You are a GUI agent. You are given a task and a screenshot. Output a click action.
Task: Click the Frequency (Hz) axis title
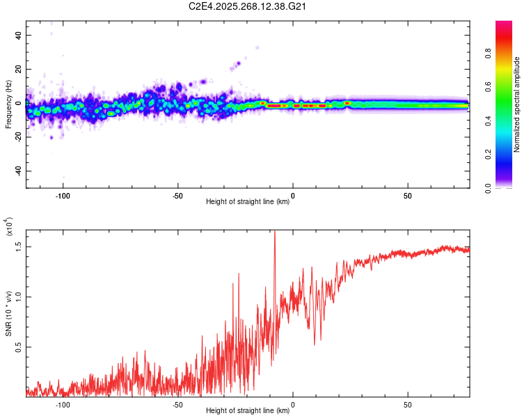(x=8, y=104)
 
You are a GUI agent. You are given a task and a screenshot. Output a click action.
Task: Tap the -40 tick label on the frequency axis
(x=17, y=171)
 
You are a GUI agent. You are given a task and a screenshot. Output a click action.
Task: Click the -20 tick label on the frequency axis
(x=17, y=137)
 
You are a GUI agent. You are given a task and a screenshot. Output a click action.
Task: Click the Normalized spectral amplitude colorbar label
(x=517, y=104)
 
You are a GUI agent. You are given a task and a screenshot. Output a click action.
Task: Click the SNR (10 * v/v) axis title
(x=8, y=313)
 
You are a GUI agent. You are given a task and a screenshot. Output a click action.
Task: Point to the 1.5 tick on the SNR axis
(x=19, y=246)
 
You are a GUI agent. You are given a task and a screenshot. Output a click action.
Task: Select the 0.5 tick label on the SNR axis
(x=19, y=347)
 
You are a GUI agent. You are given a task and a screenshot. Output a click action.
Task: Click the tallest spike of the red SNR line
(x=274, y=232)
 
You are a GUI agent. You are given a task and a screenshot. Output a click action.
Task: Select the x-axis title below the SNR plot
(x=248, y=411)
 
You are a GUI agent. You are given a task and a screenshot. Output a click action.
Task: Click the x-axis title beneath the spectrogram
(x=248, y=202)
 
